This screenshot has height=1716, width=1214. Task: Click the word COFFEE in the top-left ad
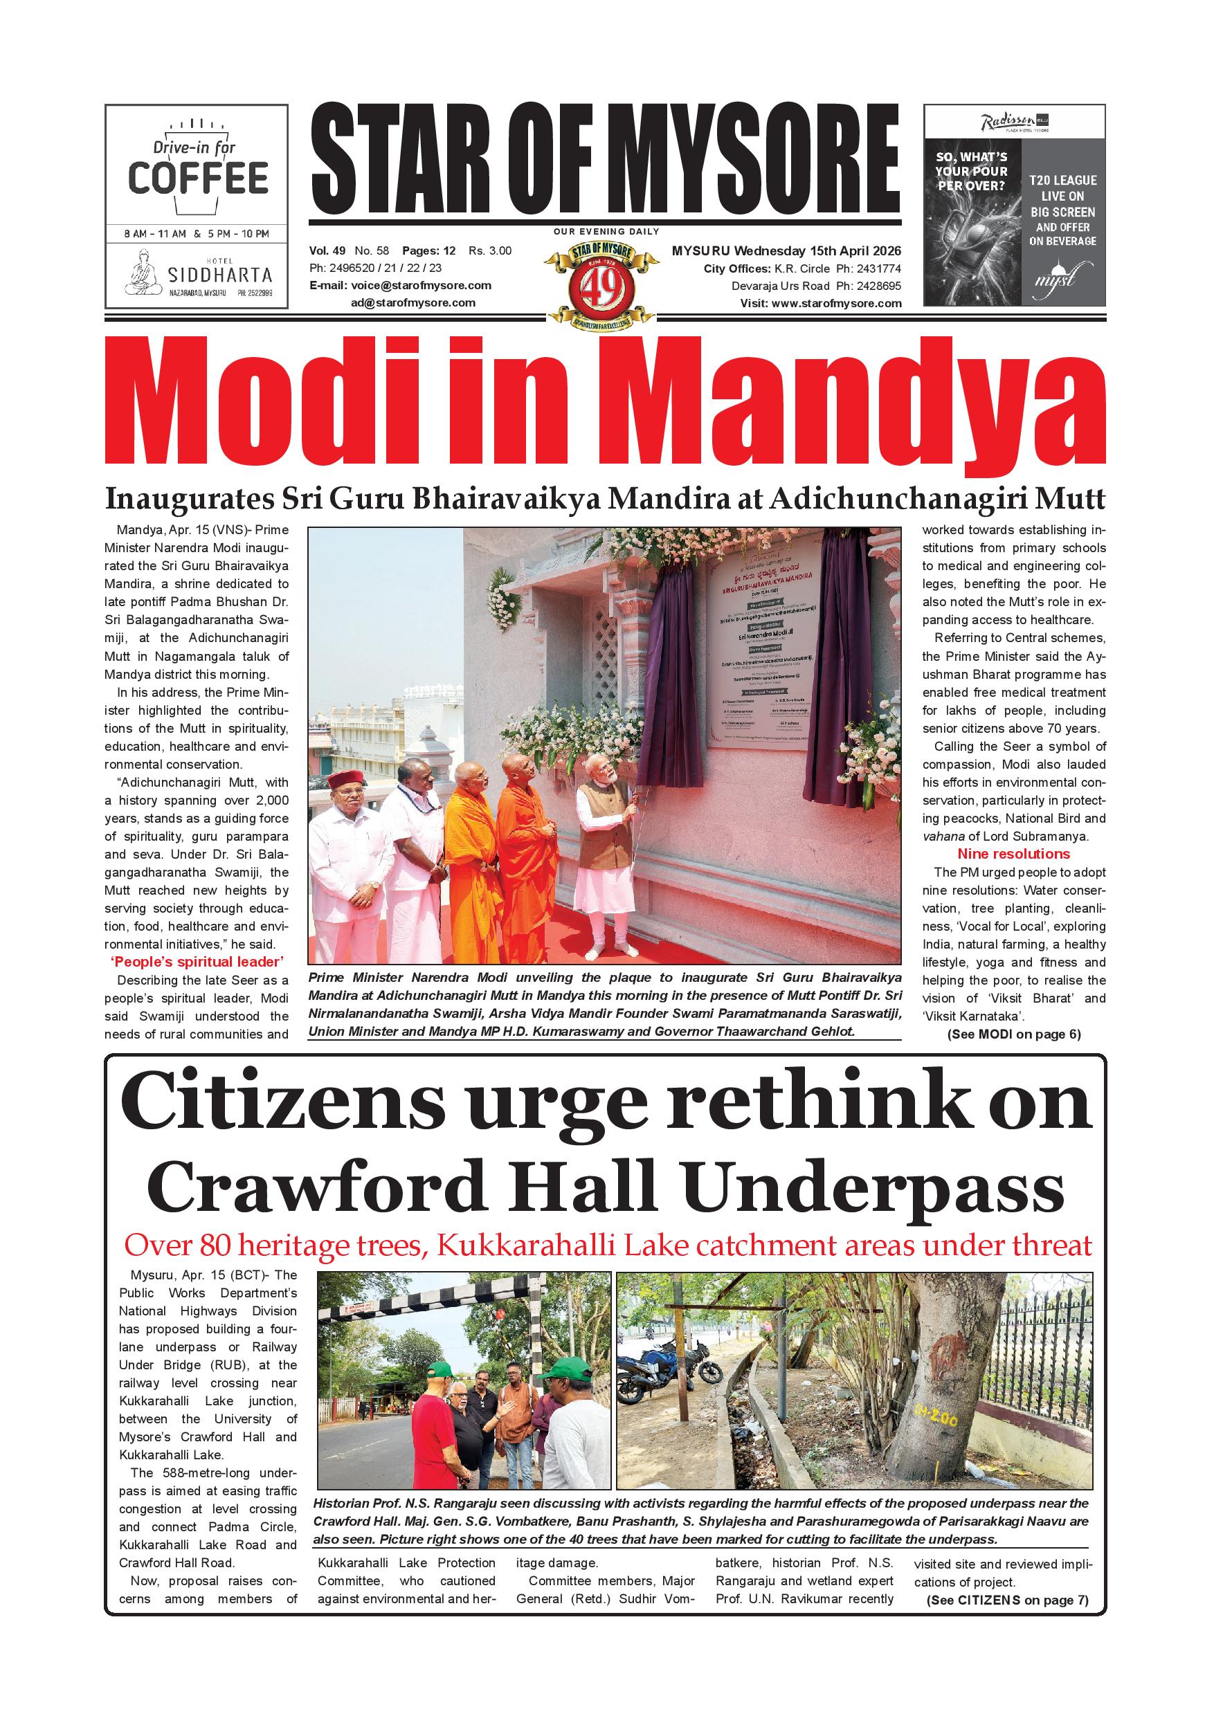198,178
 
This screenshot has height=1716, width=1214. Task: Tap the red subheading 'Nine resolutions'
1013,855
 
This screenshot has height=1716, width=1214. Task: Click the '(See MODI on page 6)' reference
1013,1035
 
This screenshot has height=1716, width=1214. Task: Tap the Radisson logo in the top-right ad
1008,121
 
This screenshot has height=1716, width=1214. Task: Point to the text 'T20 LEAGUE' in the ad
1062,181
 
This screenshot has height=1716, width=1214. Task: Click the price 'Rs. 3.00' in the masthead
489,251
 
